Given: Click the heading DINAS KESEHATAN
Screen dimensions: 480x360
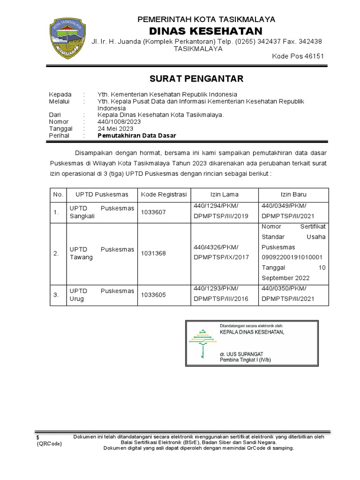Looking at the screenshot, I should (206, 31).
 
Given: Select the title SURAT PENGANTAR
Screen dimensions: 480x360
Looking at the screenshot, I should (196, 78).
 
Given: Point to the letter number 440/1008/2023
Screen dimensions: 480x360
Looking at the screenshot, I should (119, 121).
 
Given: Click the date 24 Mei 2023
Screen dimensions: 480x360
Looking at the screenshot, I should (115, 128).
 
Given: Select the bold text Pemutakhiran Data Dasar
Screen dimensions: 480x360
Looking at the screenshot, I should (137, 135).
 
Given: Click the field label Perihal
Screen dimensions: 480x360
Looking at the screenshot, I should (59, 135).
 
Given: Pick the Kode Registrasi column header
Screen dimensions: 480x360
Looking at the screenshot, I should (164, 194).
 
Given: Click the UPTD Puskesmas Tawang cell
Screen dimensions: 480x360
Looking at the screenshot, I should (102, 253).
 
